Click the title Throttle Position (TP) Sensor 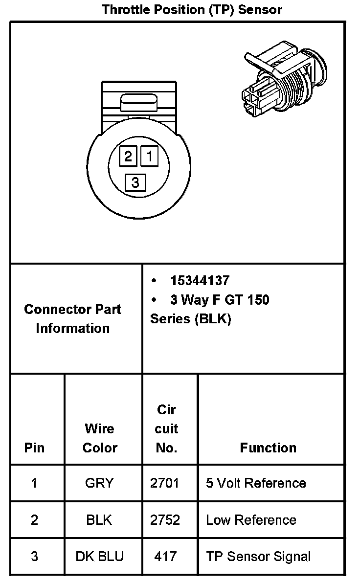pos(192,9)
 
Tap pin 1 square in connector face pos(150,157)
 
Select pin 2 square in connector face pos(128,157)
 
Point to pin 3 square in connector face pos(135,182)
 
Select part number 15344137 pos(200,281)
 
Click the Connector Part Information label pos(72,318)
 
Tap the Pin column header pos(34,448)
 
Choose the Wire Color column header pos(100,438)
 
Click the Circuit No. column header pos(167,428)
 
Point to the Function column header pos(268,448)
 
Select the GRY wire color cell pos(99,483)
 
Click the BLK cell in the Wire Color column pos(99,519)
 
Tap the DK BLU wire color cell pos(100,556)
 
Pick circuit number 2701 pos(165,483)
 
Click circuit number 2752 pos(165,519)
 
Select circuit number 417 pos(165,556)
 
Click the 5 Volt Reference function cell pos(256,483)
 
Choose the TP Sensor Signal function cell pos(258,556)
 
